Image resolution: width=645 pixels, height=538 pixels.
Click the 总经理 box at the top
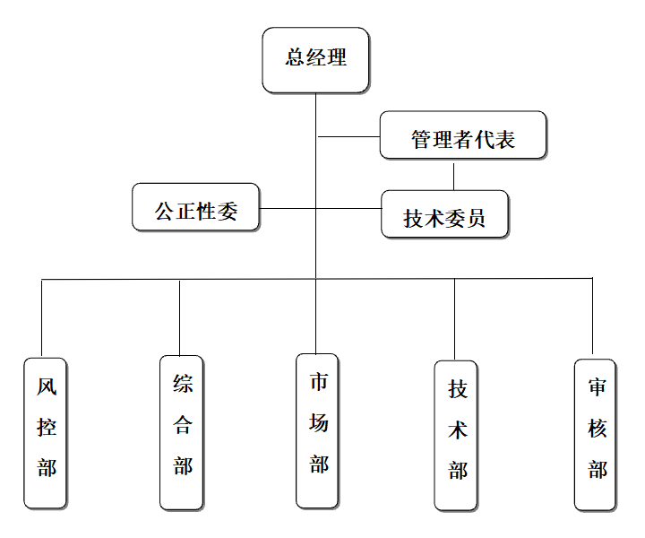tap(315, 59)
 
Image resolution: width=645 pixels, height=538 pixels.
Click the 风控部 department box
tap(45, 431)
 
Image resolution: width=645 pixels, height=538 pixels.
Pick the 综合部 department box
tap(182, 431)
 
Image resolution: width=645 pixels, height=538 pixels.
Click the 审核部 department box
tap(595, 434)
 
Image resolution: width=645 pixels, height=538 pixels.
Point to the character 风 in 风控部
tap(47, 388)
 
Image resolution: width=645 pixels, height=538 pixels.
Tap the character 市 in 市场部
tap(319, 382)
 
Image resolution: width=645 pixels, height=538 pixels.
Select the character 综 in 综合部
tap(183, 385)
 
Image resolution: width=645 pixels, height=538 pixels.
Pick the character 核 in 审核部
tap(597, 429)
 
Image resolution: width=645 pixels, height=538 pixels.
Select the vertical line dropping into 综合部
tap(179, 317)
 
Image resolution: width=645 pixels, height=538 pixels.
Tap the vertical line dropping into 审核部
tap(592, 317)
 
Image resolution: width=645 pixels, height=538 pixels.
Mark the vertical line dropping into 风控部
tap(42, 317)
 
